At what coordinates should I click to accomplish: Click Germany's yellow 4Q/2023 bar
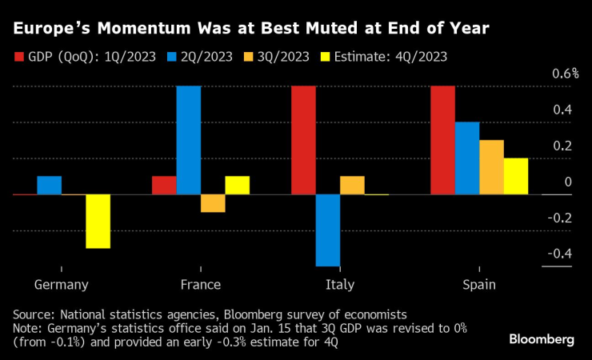[x=98, y=221]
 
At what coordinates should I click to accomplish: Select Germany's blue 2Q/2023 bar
[x=50, y=185]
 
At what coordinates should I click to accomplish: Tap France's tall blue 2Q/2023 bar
[x=189, y=140]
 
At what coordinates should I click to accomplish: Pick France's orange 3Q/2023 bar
[x=213, y=203]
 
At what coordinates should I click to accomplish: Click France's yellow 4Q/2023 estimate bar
[x=237, y=185]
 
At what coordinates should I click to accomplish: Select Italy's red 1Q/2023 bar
[x=303, y=140]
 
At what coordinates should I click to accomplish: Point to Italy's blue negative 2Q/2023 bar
[x=328, y=230]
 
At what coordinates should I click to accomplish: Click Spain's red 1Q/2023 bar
[x=442, y=140]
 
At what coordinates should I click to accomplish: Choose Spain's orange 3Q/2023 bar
[x=491, y=167]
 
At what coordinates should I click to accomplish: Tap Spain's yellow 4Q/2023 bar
[x=516, y=176]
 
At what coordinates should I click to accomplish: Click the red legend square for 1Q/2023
[x=20, y=58]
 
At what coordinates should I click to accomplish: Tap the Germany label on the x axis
[x=62, y=284]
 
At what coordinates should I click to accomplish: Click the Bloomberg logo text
[x=542, y=339]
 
